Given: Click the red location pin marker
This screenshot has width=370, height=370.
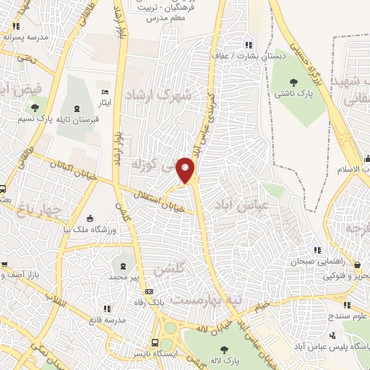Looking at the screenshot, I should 187,170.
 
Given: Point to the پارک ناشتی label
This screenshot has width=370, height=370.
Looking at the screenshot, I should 291,94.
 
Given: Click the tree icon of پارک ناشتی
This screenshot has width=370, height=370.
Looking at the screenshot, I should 293,82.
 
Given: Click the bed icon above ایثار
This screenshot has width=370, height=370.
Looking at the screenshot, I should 106,92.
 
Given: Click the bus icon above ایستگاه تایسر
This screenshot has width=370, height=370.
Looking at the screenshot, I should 154,343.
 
